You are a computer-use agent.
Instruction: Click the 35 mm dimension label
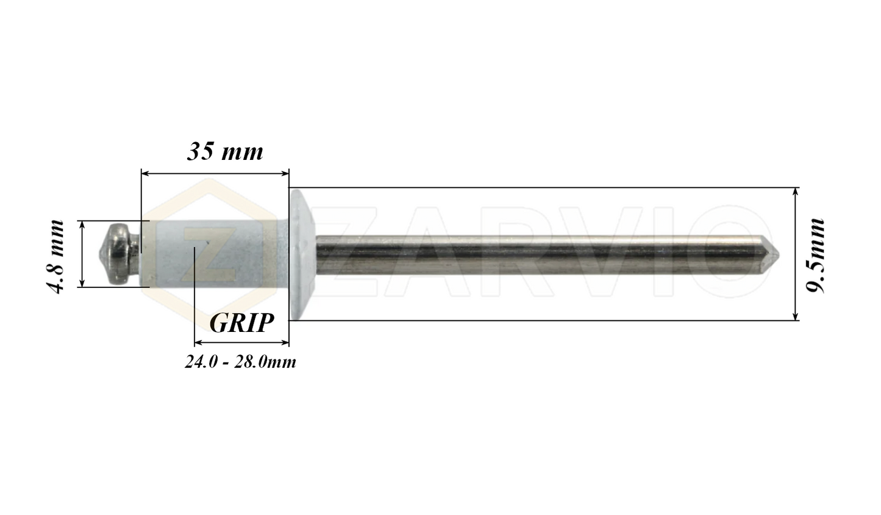[224, 151]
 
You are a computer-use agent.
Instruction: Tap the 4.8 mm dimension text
[56, 256]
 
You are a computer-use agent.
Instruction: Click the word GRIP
[241, 323]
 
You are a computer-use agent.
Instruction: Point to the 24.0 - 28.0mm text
[240, 362]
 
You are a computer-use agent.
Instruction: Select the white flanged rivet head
[301, 253]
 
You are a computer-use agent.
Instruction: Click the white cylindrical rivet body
[213, 253]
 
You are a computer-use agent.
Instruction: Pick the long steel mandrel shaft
[537, 253]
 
